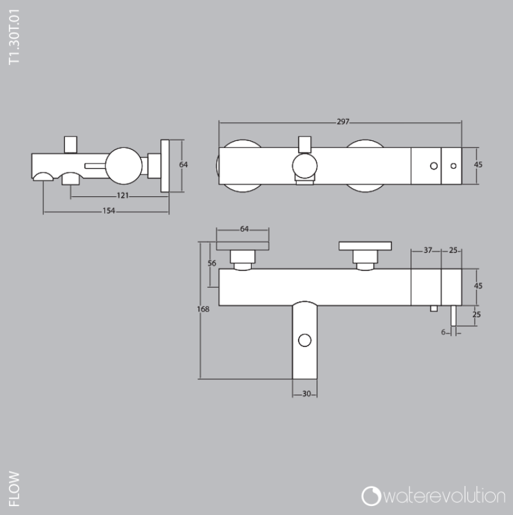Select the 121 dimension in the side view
122,194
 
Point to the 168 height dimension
203,310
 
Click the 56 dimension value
212,263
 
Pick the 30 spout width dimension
306,395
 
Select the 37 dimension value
428,250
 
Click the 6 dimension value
443,332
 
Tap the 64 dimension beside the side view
183,165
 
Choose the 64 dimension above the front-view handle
245,229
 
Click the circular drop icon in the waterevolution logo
371,496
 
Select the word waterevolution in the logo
444,496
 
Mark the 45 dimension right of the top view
478,165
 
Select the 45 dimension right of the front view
478,286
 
